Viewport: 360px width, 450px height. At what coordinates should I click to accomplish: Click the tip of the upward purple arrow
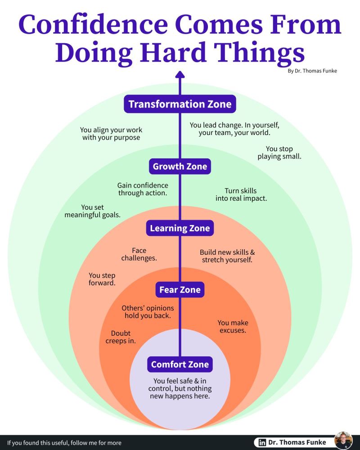click(180, 71)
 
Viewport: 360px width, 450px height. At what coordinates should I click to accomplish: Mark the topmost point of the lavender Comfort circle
click(180, 329)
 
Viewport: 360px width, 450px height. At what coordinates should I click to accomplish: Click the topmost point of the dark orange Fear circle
click(180, 267)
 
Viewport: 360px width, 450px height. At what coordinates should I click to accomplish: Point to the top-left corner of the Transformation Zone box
click(124, 95)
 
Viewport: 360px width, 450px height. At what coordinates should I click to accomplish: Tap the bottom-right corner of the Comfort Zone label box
click(213, 372)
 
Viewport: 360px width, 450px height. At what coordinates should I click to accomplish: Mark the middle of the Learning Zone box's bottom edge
click(180, 236)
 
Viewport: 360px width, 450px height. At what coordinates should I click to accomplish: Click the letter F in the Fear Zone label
click(162, 290)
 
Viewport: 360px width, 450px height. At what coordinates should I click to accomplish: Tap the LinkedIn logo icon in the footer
click(262, 442)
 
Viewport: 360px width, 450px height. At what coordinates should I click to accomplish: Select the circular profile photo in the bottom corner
click(343, 440)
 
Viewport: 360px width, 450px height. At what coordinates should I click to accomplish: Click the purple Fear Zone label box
click(180, 289)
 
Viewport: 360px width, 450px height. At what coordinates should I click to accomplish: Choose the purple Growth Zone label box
click(180, 166)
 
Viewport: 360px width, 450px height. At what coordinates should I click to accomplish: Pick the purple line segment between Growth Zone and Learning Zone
click(180, 197)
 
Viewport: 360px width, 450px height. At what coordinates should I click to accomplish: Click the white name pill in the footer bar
click(294, 442)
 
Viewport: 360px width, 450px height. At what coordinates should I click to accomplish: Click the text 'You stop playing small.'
click(279, 153)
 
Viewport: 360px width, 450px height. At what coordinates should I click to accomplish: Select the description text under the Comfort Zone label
click(180, 389)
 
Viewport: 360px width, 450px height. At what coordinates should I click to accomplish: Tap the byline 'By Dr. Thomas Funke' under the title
click(312, 71)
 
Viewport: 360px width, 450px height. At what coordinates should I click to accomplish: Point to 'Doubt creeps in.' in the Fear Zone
click(121, 337)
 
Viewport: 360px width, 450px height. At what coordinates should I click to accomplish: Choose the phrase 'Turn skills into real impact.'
click(241, 194)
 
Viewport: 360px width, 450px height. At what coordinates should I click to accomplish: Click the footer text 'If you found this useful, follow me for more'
click(64, 443)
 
